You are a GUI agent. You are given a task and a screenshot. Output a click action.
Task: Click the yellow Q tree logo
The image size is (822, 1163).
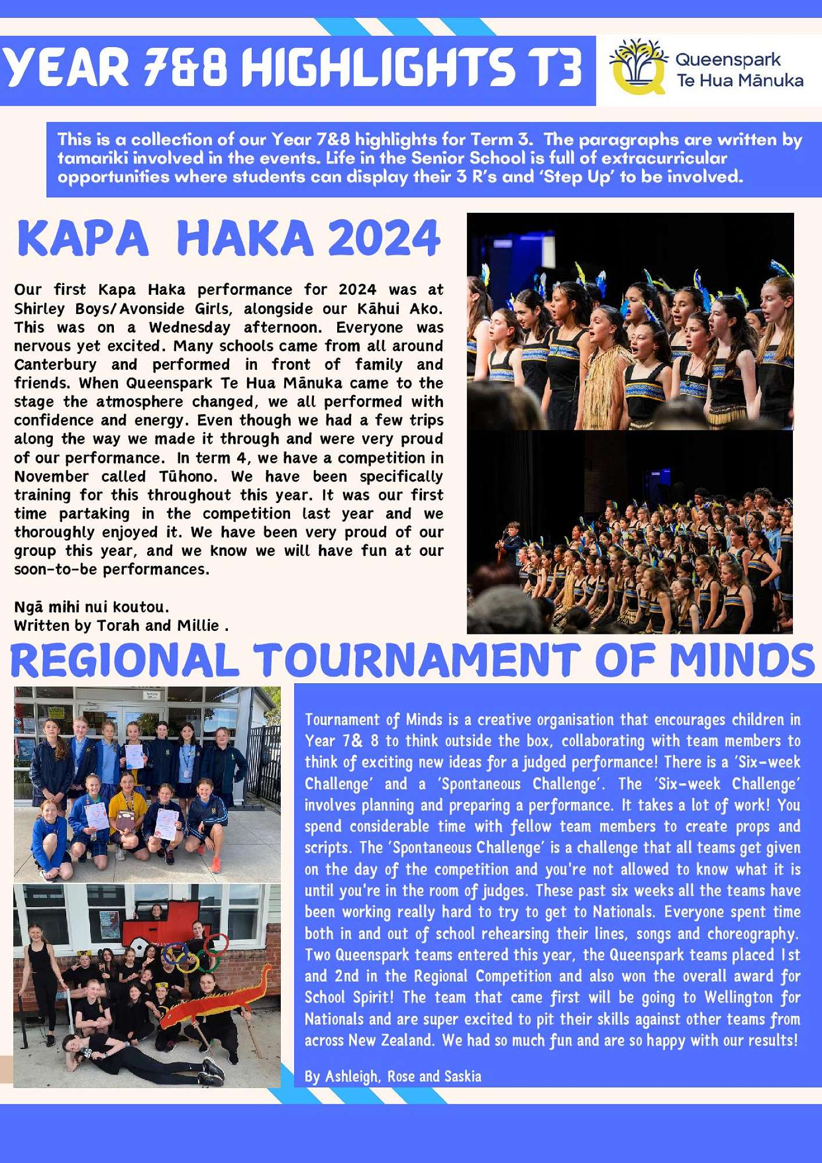pos(638,67)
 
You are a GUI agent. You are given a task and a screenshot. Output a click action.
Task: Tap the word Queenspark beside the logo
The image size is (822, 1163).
pos(728,59)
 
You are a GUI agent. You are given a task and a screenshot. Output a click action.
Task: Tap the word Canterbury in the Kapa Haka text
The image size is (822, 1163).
pos(55,365)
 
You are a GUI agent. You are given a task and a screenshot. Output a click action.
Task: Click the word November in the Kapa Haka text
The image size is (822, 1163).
pos(51,477)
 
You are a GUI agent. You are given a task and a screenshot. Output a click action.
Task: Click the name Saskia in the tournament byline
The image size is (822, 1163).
pos(463,1076)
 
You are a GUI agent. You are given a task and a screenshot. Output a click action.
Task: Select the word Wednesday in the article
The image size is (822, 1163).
pos(190,327)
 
